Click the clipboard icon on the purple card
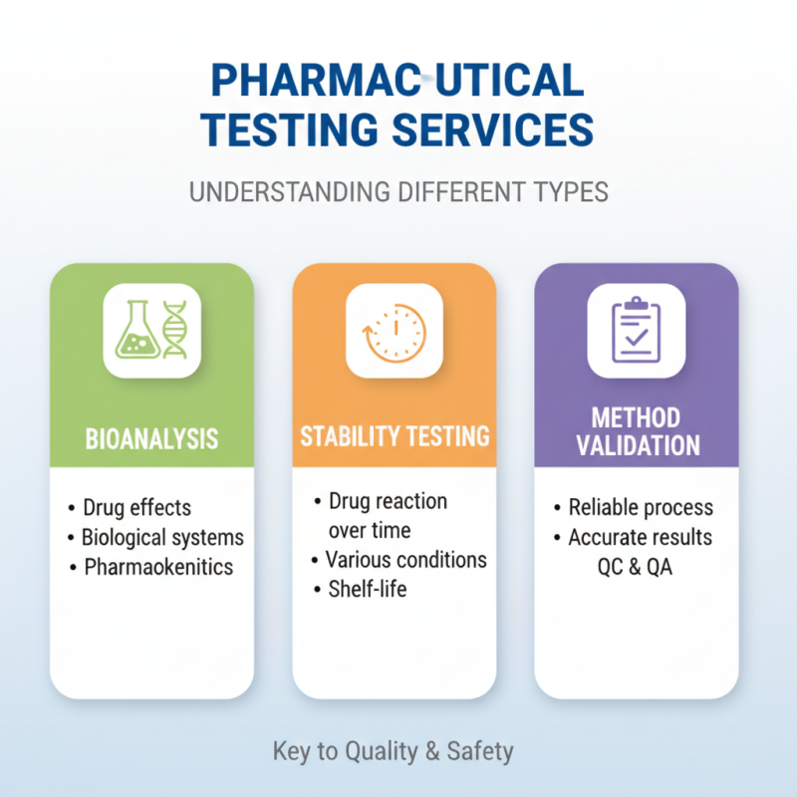[636, 330]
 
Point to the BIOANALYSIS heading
[151, 438]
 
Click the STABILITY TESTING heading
[395, 435]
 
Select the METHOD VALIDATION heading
[636, 430]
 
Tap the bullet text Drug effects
[136, 507]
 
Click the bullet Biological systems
[162, 537]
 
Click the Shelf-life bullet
[367, 589]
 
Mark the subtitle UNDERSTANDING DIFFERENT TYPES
[398, 191]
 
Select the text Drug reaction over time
[387, 514]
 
